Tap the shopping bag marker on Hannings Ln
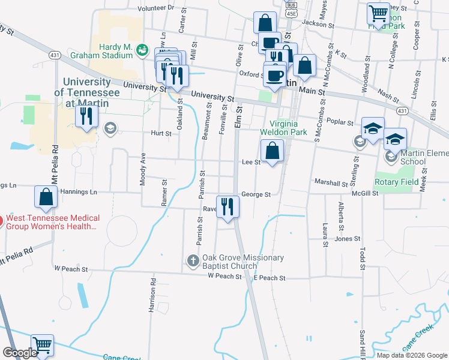coord(46,197)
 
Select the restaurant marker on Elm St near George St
coord(228,207)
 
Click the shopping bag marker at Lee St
coord(273,151)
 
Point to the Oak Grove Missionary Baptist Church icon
coord(193,260)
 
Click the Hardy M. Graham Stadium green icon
coord(142,50)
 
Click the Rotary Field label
coord(397,182)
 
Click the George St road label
coord(256,194)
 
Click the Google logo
coord(19,353)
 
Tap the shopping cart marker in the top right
coord(378,13)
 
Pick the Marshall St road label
coord(331,182)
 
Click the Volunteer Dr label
coord(155,8)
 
